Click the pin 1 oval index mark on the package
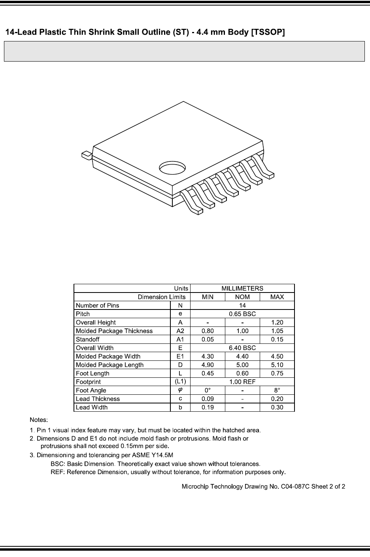point(172,168)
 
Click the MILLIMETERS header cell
point(242,288)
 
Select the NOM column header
point(242,297)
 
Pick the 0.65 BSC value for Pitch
point(242,314)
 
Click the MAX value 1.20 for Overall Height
point(277,323)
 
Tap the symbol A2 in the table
point(180,331)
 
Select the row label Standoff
point(88,339)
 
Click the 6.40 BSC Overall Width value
point(242,348)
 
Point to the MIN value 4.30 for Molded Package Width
point(208,356)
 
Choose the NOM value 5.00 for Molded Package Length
point(242,365)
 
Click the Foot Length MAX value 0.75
point(277,373)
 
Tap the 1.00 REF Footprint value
point(242,382)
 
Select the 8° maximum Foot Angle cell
point(277,390)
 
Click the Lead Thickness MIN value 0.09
point(208,399)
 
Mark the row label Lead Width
point(92,407)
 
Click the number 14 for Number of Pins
point(242,306)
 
